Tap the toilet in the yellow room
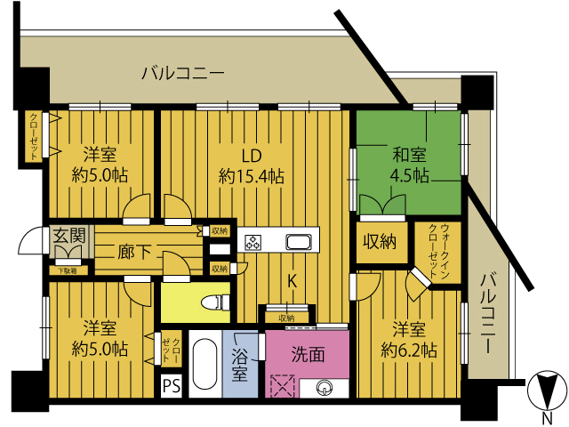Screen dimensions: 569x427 click(x=215, y=302)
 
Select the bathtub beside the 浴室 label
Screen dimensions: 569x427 click(x=205, y=364)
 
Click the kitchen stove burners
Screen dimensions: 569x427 click(x=253, y=242)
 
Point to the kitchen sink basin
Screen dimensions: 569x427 click(x=299, y=241)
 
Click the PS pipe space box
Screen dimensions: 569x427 click(x=172, y=386)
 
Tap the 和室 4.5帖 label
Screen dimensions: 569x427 click(x=409, y=166)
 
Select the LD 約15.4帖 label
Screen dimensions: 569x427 click(x=252, y=166)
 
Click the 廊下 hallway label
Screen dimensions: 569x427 click(x=134, y=252)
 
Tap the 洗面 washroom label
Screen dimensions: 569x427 click(x=309, y=354)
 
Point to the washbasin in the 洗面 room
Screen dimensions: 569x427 click(x=324, y=388)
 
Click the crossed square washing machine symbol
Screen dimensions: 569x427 click(x=283, y=385)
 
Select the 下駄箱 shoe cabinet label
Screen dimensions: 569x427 click(x=68, y=270)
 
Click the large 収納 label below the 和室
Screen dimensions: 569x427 click(x=380, y=241)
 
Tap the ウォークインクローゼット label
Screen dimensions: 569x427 click(x=439, y=251)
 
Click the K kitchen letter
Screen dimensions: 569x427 click(x=292, y=281)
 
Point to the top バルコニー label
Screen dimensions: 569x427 click(x=183, y=73)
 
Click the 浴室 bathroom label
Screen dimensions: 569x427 click(x=240, y=364)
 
